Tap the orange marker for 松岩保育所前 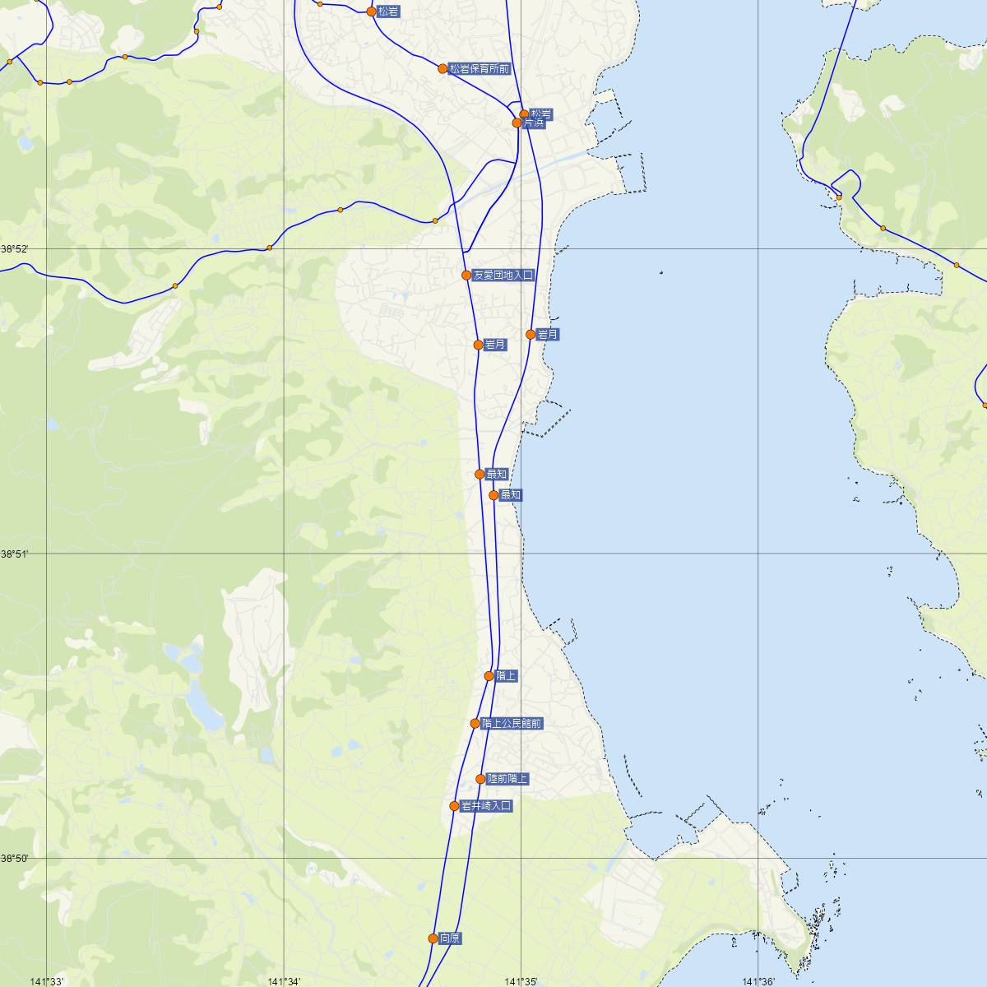[443, 68]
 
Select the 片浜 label [535, 123]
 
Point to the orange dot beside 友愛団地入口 [466, 275]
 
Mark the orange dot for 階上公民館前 [475, 724]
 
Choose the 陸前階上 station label [508, 778]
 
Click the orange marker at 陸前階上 [480, 778]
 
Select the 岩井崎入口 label [487, 806]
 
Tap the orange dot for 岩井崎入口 [454, 806]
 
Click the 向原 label [451, 938]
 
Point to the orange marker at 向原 [433, 938]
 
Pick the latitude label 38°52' [14, 249]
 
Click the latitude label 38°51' [14, 554]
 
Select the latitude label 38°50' [14, 859]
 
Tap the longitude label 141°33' [47, 980]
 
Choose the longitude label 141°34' [284, 980]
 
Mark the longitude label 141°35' [521, 980]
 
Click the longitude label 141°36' [758, 980]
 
